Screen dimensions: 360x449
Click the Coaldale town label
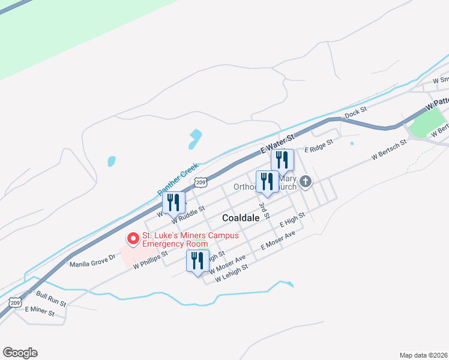coord(241,218)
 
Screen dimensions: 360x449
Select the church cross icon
coord(306,181)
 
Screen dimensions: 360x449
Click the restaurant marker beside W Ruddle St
coord(173,203)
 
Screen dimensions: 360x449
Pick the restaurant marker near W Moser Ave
coord(197,262)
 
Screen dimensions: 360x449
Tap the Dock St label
coord(355,112)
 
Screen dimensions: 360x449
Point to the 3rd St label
coord(263,210)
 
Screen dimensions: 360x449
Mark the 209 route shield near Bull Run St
coord(16,303)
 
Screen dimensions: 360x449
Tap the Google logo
coord(20,353)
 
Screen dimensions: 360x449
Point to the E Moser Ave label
coord(279,241)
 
